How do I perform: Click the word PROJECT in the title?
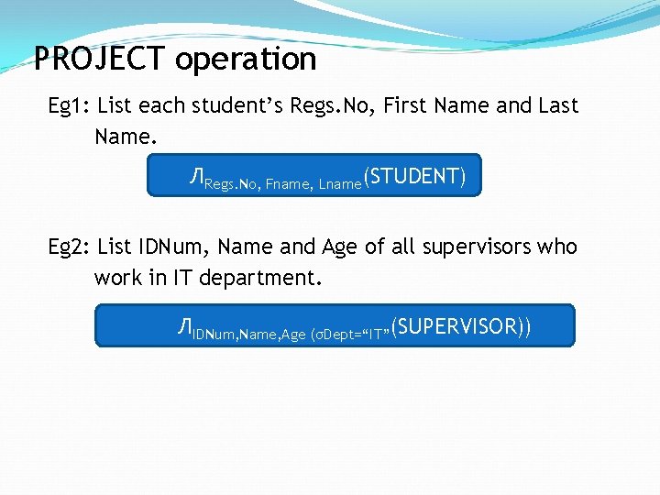coord(101,60)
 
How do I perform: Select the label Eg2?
coord(69,247)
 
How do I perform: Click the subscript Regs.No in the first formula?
coord(233,185)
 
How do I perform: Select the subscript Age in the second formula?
coord(293,335)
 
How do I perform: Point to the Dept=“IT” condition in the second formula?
coord(353,335)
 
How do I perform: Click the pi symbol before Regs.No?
coord(196,178)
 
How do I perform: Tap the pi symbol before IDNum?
coord(185,327)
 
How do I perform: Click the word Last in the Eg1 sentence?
coord(558,106)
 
